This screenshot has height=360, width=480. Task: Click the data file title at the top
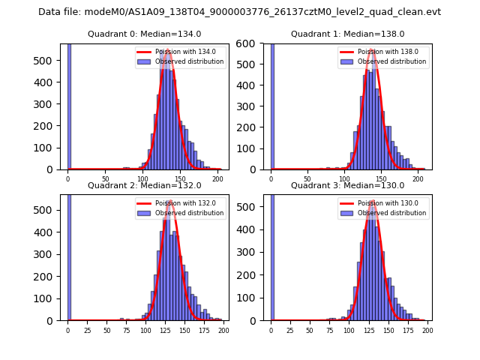(x=239, y=12)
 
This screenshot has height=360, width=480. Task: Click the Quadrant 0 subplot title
(x=144, y=34)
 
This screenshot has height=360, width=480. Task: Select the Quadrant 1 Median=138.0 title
(x=347, y=34)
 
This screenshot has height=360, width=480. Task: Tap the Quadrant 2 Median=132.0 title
(x=144, y=185)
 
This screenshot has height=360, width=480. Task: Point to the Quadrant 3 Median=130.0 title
(x=347, y=185)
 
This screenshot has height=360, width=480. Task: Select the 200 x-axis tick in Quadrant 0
(x=217, y=178)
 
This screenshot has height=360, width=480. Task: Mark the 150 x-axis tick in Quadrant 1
(x=382, y=178)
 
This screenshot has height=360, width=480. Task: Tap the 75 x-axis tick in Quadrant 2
(x=126, y=330)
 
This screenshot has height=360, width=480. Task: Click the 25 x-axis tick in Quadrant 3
(x=290, y=330)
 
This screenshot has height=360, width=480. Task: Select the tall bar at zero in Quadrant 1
(x=272, y=106)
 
